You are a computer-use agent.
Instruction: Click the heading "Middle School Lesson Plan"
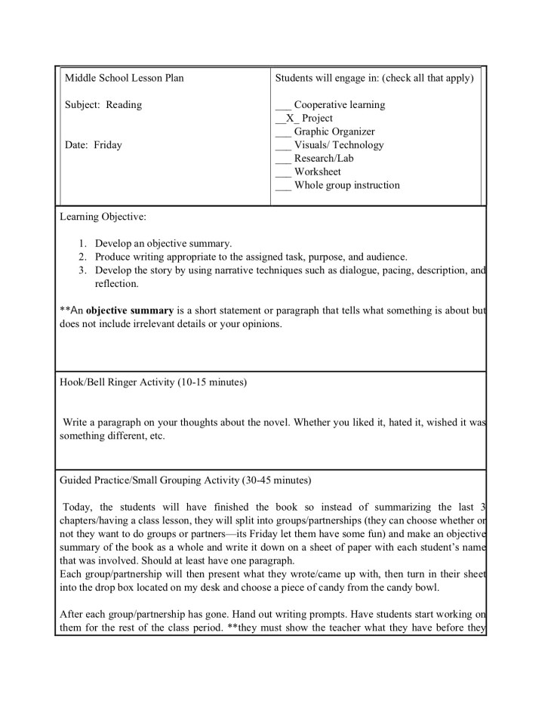click(x=124, y=78)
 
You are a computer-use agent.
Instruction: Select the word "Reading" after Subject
click(x=123, y=105)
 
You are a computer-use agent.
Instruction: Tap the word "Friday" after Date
click(x=107, y=145)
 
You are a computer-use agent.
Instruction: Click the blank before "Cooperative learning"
click(x=283, y=105)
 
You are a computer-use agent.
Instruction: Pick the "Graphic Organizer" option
click(x=334, y=131)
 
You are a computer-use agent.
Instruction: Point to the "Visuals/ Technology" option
click(x=339, y=145)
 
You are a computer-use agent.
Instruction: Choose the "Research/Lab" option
click(x=324, y=159)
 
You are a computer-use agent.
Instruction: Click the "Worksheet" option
click(x=318, y=172)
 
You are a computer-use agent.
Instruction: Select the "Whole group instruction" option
click(x=347, y=185)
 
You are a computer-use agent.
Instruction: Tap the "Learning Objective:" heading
click(x=103, y=217)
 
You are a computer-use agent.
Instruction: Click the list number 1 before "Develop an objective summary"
click(x=82, y=243)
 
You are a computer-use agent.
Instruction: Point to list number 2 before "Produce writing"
click(x=82, y=257)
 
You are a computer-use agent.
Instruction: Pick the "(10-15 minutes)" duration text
click(x=212, y=383)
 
